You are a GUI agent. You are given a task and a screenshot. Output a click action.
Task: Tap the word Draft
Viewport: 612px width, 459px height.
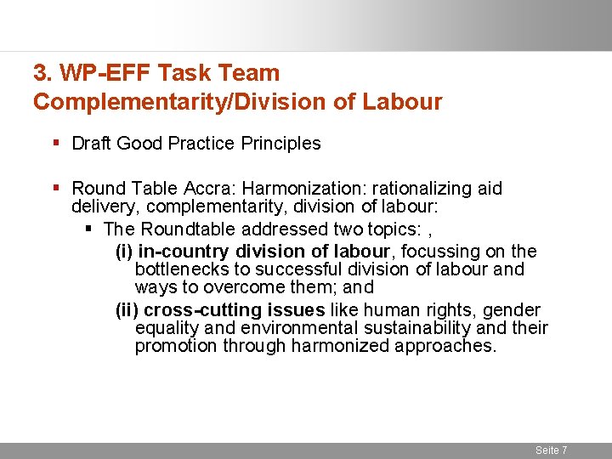tap(92, 144)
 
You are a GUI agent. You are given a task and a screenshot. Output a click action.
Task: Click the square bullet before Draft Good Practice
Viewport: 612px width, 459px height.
tap(57, 143)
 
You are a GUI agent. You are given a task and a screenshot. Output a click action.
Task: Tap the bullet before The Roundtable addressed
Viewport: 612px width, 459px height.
tap(89, 229)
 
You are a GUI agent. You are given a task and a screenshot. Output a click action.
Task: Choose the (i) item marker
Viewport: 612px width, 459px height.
tap(124, 251)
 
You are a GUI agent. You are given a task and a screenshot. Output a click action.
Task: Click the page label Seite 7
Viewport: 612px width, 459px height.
tap(551, 450)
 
